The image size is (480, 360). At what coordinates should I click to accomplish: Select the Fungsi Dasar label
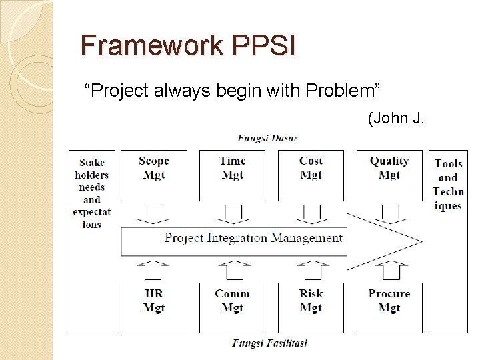267,139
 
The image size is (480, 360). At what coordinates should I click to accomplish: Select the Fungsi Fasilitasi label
269,343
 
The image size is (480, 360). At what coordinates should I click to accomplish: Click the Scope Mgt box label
154,167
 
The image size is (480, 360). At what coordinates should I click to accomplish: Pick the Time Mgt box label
232,167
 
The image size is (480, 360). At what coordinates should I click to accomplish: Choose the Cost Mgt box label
311,167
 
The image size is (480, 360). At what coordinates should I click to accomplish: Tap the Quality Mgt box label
389,167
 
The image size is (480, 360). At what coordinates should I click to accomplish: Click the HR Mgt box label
154,301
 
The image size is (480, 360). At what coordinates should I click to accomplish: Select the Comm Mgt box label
232,301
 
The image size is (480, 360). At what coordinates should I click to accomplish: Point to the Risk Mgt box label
311,301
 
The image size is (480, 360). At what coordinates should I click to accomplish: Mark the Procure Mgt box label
389,301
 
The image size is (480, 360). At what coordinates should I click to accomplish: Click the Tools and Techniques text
448,184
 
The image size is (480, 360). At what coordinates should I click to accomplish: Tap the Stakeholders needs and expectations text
92,193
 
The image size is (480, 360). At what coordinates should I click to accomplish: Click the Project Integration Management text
253,237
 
